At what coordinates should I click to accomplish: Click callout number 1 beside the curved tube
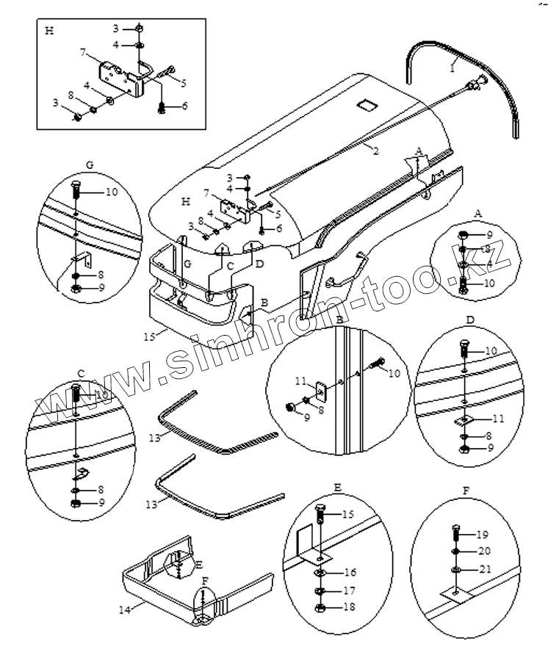pos(453,66)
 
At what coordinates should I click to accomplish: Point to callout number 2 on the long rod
pos(375,151)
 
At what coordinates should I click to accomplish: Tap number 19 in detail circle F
pos(483,535)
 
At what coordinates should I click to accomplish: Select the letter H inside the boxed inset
pos(49,32)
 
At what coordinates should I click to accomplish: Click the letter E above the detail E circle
pos(337,486)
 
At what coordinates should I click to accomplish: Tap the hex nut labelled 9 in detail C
pos(76,504)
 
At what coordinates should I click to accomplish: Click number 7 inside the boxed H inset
pos(83,53)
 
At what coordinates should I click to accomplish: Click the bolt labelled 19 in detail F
pos(456,534)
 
